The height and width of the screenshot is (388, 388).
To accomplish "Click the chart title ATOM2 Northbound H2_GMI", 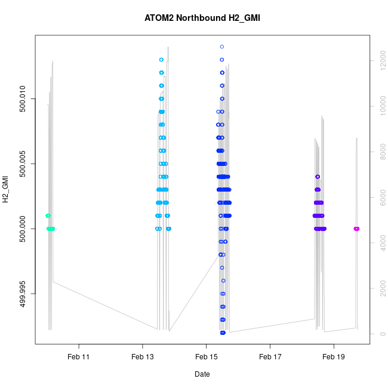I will coord(202,18).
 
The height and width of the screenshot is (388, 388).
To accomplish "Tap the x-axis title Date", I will coord(202,374).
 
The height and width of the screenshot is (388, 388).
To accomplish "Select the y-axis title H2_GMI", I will coord(6,189).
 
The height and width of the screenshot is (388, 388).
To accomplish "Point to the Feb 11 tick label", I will coord(78,357).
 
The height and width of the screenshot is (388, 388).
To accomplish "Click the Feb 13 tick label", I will coord(142,357).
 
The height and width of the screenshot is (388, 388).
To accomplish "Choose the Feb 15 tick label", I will coord(206,357).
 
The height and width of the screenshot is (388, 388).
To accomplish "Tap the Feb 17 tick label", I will coord(270,357).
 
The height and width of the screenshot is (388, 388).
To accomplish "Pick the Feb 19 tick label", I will coord(334,357).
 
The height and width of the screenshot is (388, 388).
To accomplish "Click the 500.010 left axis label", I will coord(23,98).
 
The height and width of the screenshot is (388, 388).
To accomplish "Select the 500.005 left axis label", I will coord(23,164).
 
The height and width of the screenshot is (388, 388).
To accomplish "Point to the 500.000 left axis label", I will coord(23,229).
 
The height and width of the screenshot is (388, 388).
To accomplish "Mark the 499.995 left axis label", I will coord(23,294).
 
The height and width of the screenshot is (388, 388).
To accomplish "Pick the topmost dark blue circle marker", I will coord(222,47).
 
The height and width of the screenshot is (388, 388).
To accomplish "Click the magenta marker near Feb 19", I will coord(356,229).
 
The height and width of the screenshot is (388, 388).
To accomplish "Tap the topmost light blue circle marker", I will coord(162,60).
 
